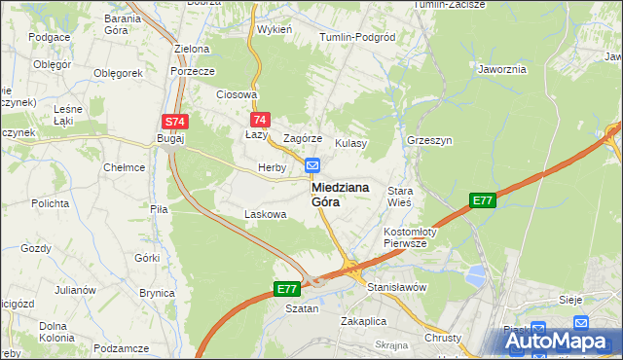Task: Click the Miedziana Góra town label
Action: pyautogui.click(x=339, y=195)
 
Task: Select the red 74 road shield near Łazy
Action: pyautogui.click(x=258, y=120)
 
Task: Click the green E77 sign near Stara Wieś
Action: pyautogui.click(x=483, y=200)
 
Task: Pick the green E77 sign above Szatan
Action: pyautogui.click(x=286, y=289)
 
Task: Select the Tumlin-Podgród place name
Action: pyautogui.click(x=357, y=37)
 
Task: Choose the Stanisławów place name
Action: pyautogui.click(x=397, y=288)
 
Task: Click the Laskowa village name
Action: pyautogui.click(x=266, y=214)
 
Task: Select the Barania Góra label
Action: pyautogui.click(x=123, y=24)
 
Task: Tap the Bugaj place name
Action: pyautogui.click(x=170, y=140)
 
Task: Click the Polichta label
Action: pyautogui.click(x=49, y=203)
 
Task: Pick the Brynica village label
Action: pyautogui.click(x=157, y=293)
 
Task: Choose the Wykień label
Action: pyautogui.click(x=275, y=29)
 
